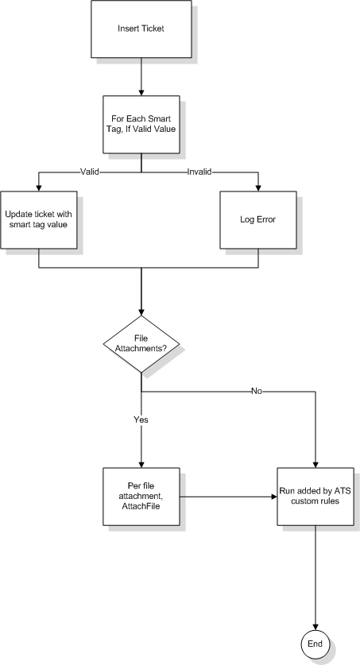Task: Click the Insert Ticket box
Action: [141, 29]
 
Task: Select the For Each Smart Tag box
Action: [141, 124]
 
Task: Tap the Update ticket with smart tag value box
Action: [39, 220]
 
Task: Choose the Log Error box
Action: [257, 220]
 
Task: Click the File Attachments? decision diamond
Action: [141, 344]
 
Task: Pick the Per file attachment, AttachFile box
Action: [141, 497]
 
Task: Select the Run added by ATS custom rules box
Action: [315, 497]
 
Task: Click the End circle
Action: [315, 644]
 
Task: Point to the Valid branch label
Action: [90, 172]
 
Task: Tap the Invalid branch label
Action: [199, 172]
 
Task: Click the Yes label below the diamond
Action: [141, 419]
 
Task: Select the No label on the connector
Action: [257, 391]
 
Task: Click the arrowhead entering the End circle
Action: [315, 627]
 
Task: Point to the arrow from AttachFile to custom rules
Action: [229, 497]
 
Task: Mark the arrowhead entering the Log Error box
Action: [257, 188]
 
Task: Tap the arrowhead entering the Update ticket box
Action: [39, 188]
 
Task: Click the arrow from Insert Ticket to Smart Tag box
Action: [141, 77]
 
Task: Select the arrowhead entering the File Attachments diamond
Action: [141, 312]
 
